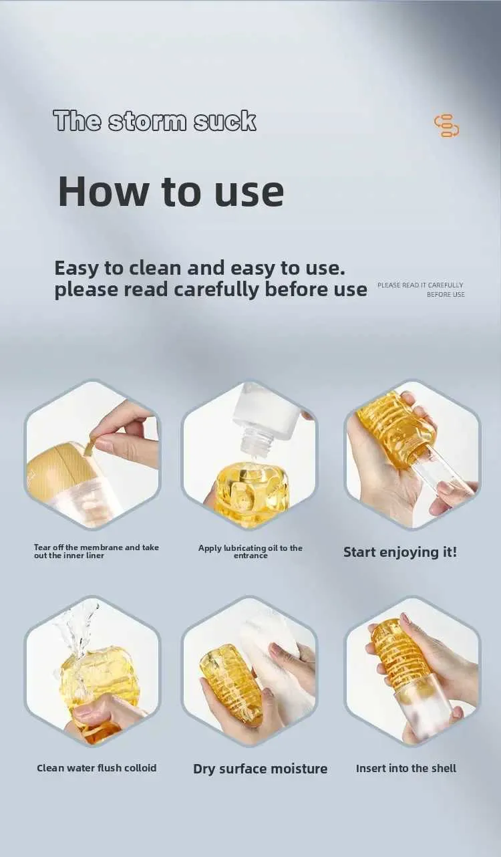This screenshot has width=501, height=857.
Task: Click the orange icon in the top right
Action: click(446, 126)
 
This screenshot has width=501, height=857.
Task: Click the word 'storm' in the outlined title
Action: click(148, 121)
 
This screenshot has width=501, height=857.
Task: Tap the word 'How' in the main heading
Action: click(102, 191)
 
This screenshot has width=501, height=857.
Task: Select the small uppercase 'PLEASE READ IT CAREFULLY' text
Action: click(420, 285)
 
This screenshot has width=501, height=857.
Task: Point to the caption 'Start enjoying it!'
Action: click(400, 552)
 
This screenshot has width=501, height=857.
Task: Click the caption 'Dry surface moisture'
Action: click(260, 769)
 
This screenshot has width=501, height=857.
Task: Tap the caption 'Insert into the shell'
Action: click(406, 768)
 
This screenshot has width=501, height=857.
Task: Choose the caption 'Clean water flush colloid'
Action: click(97, 768)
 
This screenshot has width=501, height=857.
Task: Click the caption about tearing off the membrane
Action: click(96, 552)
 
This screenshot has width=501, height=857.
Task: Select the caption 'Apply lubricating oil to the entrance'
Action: click(251, 552)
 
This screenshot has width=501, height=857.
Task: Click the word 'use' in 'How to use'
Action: click(249, 193)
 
